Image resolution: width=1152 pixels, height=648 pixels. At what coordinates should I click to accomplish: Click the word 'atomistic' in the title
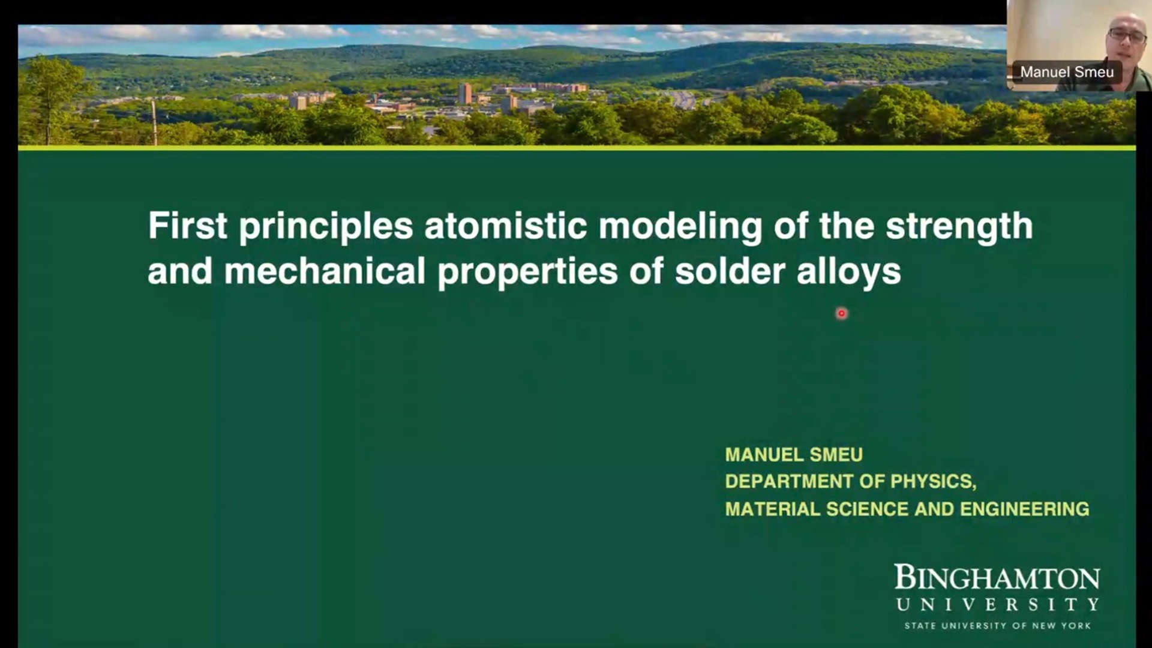(x=505, y=226)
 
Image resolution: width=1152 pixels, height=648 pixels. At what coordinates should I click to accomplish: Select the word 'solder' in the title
(x=730, y=271)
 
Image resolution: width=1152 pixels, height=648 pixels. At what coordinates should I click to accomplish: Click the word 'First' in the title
(x=187, y=226)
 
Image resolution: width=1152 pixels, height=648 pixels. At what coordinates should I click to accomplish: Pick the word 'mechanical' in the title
(x=325, y=271)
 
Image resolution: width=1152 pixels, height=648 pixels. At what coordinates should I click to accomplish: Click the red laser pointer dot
(x=841, y=313)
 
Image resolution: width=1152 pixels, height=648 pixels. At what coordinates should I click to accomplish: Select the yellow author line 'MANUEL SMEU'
(x=794, y=455)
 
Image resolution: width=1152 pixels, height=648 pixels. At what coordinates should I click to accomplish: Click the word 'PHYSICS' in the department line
(x=933, y=482)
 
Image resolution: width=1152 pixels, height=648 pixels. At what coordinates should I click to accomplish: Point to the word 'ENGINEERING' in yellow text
(x=1024, y=509)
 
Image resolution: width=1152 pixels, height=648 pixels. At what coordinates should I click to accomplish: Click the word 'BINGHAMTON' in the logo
(x=997, y=577)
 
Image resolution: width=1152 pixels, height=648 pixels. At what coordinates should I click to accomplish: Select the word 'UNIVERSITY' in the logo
(x=998, y=604)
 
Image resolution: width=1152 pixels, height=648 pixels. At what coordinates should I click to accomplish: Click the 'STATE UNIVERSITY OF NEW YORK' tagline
(x=998, y=626)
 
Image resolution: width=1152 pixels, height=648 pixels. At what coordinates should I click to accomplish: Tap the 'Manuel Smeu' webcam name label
(x=1067, y=72)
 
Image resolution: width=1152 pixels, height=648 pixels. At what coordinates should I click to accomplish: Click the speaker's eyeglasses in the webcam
(x=1127, y=35)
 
